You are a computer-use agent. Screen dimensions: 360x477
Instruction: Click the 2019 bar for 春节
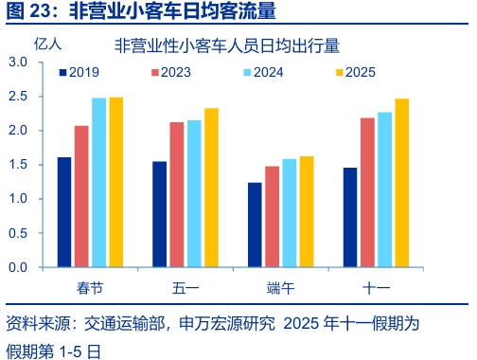[64, 212]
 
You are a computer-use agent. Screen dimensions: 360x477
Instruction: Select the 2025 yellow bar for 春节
[115, 182]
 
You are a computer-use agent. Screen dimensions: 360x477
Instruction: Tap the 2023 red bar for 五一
[177, 194]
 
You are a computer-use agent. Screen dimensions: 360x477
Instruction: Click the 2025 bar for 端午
[306, 211]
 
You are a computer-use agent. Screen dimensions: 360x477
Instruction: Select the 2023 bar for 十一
[367, 192]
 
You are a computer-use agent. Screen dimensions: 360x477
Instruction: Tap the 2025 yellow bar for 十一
[401, 183]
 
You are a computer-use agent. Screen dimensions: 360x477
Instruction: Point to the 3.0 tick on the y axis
[19, 62]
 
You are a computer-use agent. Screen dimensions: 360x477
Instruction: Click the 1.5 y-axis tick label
[19, 165]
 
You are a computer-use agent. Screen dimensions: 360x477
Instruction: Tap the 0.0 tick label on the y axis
[19, 267]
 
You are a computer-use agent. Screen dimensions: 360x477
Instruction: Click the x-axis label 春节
[90, 285]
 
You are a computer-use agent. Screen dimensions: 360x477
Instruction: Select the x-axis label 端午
[280, 285]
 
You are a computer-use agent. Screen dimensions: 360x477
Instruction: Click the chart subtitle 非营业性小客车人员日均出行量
[226, 45]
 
